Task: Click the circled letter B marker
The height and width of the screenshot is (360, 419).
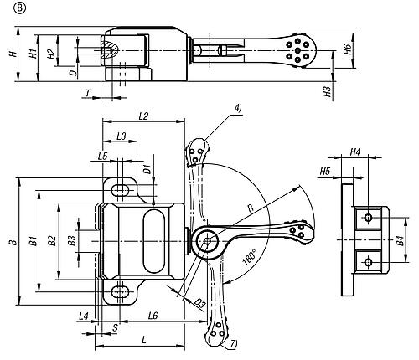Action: tap(19, 8)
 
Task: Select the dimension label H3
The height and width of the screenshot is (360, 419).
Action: tap(327, 91)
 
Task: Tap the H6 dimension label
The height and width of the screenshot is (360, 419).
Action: tap(347, 49)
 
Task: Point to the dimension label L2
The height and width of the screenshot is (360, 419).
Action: tap(143, 116)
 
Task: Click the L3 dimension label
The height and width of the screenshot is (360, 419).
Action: tap(122, 136)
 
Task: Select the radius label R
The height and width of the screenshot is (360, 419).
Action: tap(251, 208)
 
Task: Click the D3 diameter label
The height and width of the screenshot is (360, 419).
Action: tap(199, 303)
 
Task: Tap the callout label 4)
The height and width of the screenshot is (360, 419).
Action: tap(238, 108)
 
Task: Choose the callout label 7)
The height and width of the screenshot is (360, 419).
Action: tap(234, 344)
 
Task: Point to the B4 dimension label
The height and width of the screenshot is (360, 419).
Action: tap(401, 240)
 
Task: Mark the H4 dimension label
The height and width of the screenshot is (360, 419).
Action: tap(355, 152)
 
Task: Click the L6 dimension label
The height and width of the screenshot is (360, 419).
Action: tap(153, 316)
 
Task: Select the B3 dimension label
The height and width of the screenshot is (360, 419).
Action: tap(72, 240)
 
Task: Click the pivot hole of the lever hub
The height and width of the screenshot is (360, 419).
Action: tap(207, 241)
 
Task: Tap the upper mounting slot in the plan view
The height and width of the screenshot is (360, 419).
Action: tap(120, 191)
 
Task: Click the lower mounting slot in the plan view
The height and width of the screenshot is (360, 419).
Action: tap(120, 292)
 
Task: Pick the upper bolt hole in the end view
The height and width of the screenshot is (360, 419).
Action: tap(369, 217)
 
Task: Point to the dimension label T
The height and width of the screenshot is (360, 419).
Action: tap(88, 93)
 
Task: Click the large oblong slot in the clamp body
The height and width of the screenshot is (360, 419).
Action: tap(154, 241)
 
